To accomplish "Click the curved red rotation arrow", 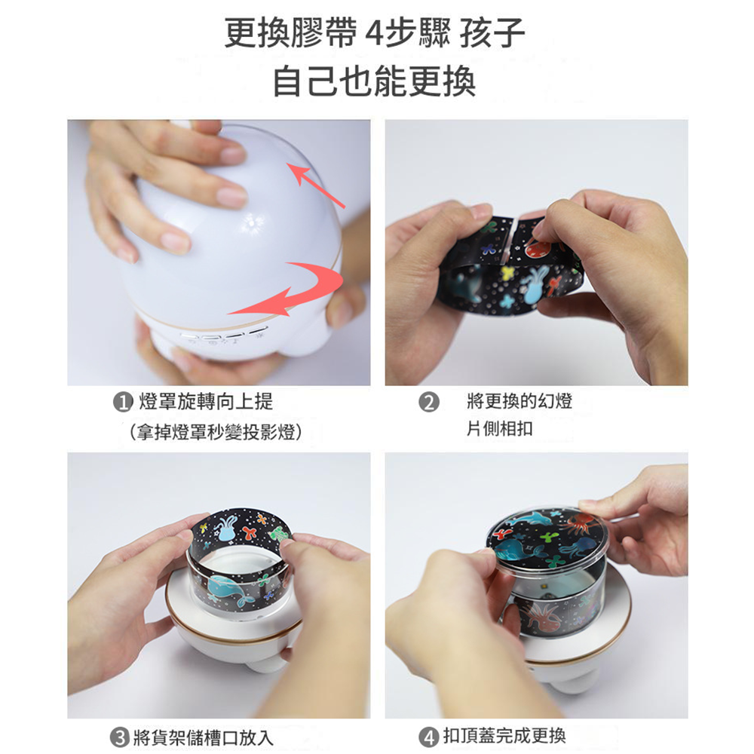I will [x=294, y=290].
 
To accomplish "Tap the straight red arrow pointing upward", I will [x=317, y=185].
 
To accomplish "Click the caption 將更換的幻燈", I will [x=520, y=401].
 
